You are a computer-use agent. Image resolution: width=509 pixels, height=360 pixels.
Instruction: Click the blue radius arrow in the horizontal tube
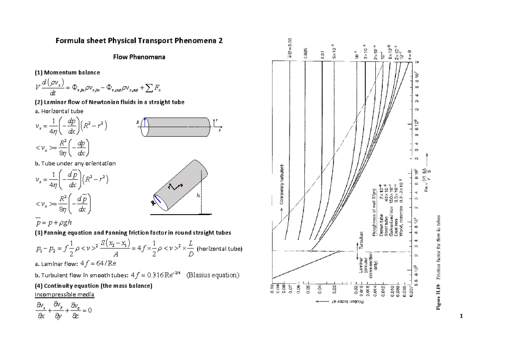[145, 123]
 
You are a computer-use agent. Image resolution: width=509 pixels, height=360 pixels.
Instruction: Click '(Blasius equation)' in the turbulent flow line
[213, 275]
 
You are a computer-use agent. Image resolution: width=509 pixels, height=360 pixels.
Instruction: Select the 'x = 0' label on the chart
[410, 53]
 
